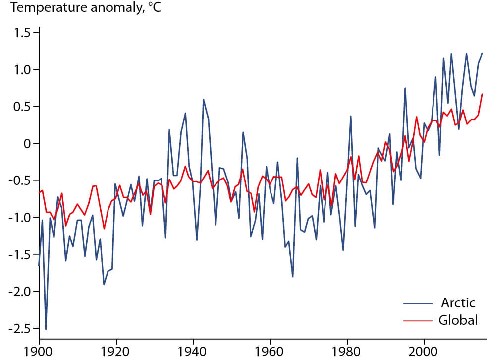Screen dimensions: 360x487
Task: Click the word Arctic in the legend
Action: point(457,303)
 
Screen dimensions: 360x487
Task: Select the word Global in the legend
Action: point(458,320)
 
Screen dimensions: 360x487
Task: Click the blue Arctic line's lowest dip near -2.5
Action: point(46,329)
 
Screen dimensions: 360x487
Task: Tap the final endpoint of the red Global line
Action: point(482,94)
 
